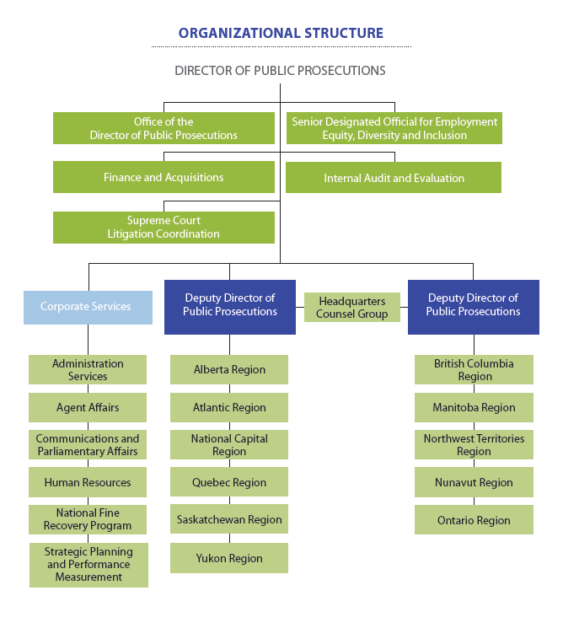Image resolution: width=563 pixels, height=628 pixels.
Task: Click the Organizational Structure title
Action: (x=281, y=34)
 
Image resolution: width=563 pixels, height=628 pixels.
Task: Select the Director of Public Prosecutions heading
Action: (x=280, y=71)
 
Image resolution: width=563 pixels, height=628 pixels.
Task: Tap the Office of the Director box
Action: (x=164, y=128)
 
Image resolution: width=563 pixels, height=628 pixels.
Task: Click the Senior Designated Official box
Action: (x=394, y=128)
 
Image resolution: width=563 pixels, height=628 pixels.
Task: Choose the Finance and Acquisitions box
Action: (x=164, y=178)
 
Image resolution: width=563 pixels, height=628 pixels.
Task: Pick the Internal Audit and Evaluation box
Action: (x=394, y=178)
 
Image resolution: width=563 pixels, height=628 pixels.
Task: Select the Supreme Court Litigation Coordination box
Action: (x=164, y=228)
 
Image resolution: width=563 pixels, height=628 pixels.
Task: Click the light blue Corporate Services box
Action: (x=88, y=307)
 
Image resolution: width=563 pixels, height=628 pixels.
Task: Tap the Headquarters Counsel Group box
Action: (x=351, y=308)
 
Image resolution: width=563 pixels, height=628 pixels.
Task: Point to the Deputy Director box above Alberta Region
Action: (x=229, y=306)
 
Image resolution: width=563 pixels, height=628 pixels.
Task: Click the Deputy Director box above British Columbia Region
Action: (x=473, y=306)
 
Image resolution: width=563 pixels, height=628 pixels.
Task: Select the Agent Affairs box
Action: (x=88, y=407)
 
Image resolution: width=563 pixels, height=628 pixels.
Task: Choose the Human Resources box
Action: (x=88, y=483)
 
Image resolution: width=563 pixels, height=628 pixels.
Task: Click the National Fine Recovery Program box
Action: (x=88, y=519)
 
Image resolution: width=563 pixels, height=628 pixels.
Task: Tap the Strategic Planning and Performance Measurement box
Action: (x=88, y=565)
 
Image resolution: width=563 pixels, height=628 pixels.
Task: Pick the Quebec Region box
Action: (x=229, y=483)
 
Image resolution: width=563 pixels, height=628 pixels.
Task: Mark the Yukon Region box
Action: (x=229, y=558)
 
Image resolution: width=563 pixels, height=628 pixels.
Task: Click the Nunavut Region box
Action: (x=474, y=483)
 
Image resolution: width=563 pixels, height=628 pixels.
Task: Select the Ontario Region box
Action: (x=474, y=520)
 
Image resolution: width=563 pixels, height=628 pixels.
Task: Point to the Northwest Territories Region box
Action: (x=474, y=445)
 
